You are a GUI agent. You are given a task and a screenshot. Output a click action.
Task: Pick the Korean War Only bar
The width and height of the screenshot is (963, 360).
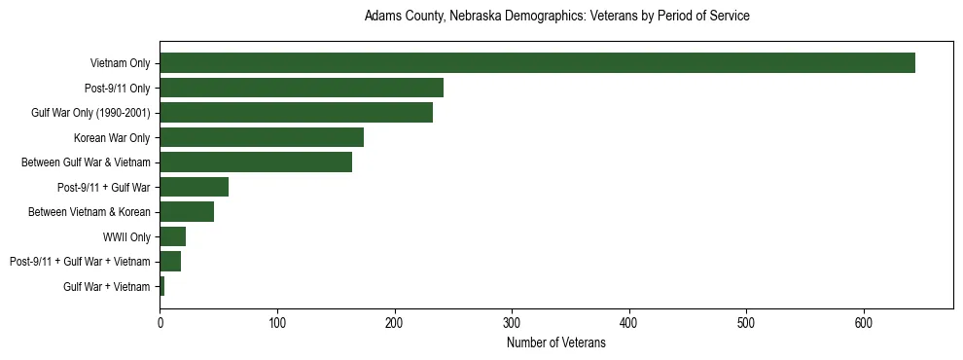[262, 137]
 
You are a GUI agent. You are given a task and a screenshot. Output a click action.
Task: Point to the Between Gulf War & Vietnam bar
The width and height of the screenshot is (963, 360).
[256, 162]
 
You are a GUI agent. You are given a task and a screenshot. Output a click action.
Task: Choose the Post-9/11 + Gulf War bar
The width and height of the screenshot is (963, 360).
[194, 187]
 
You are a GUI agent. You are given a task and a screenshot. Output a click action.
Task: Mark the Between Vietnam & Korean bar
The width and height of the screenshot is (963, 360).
[187, 212]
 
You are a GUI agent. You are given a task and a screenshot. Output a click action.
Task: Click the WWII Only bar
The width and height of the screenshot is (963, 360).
[172, 236]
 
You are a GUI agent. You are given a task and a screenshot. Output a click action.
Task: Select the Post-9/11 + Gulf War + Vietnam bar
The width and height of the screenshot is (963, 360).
[170, 262]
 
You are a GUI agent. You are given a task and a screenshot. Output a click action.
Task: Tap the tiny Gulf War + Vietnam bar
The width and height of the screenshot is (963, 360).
[162, 286]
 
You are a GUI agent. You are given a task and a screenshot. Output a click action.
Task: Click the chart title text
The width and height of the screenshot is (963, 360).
[556, 17]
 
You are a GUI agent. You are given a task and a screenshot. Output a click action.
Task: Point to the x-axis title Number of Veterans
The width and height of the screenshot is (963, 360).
[556, 342]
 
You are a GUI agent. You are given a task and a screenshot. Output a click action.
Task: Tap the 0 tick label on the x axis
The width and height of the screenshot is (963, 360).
[160, 322]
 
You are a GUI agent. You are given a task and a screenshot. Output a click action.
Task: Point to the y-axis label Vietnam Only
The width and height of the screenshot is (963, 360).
[120, 63]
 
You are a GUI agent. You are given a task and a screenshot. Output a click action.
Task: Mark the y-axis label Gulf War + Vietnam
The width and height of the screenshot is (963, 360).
[107, 286]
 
